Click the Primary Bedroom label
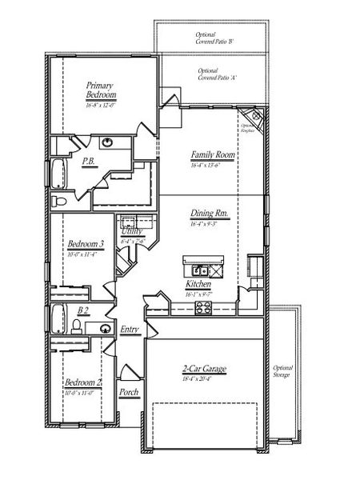(102, 90)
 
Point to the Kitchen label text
(198, 284)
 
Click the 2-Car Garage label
(203, 369)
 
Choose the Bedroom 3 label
(84, 244)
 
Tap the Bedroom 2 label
(83, 382)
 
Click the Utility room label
(131, 231)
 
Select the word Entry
(130, 330)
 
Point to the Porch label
(129, 393)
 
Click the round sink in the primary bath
(106, 143)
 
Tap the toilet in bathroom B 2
(76, 325)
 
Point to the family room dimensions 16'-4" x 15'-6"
(211, 165)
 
